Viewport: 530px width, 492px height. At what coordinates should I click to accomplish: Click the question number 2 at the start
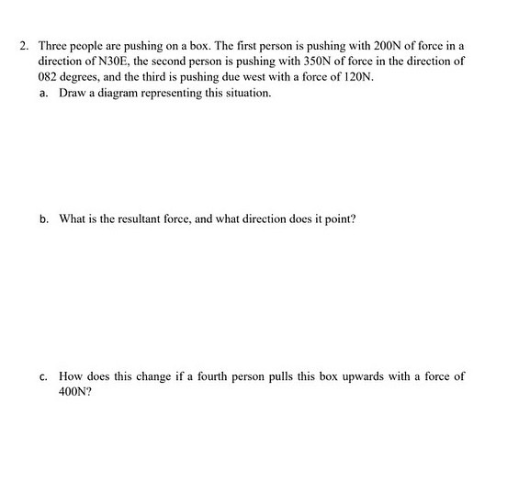point(26,44)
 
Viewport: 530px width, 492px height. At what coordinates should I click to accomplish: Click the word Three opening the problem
point(53,44)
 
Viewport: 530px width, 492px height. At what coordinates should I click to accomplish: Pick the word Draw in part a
point(73,94)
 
